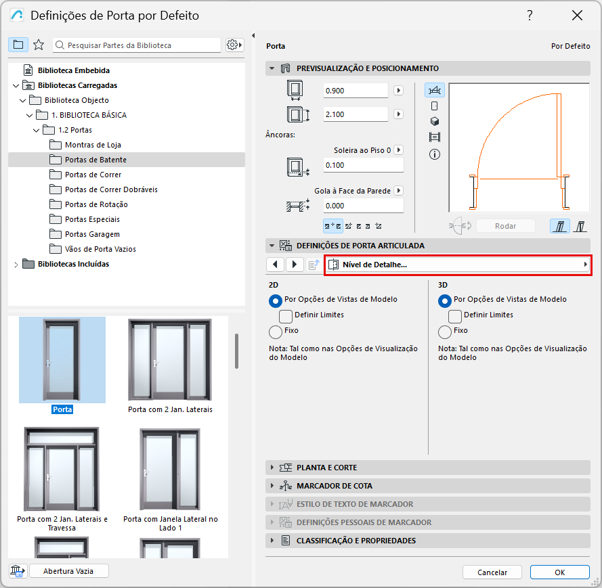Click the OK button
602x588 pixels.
559,572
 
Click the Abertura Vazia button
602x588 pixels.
68,570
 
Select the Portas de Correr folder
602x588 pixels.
93,175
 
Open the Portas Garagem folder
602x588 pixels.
92,234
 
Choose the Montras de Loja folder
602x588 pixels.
93,145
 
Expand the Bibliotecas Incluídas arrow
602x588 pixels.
16,265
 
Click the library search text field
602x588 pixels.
137,45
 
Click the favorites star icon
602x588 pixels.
39,45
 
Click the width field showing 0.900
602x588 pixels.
356,91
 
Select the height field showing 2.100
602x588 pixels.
356,114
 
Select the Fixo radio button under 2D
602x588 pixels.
276,332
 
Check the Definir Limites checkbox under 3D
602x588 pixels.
455,316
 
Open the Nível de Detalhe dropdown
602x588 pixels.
458,265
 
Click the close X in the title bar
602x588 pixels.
577,16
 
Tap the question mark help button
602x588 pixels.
530,16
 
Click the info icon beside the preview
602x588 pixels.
435,154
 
